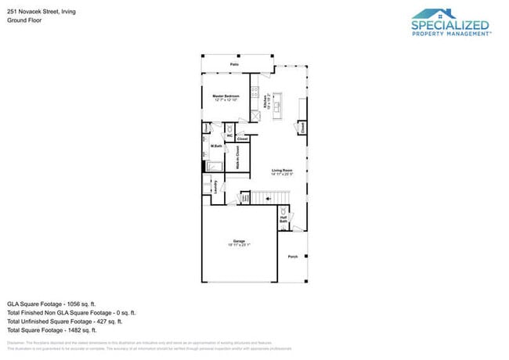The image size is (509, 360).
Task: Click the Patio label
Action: tap(234, 64)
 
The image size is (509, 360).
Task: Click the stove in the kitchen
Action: tap(254, 92)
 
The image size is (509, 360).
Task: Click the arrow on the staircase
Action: tap(269, 199)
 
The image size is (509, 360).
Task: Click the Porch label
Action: tap(293, 257)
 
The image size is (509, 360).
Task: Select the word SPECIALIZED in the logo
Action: tap(450, 26)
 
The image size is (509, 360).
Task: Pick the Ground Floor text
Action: tap(24, 20)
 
